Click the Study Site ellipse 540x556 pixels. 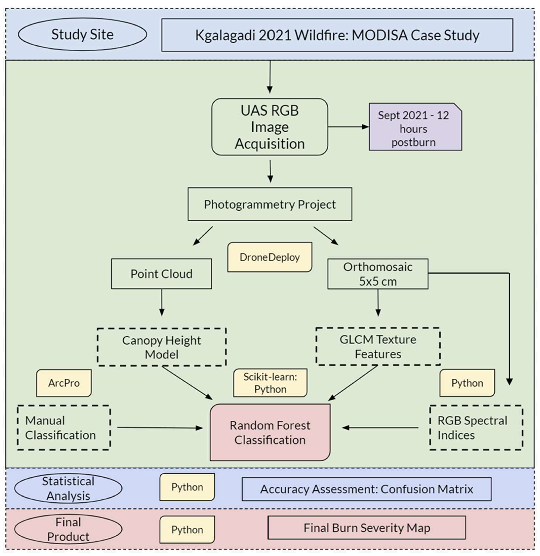82,34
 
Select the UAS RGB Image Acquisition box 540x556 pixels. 270,127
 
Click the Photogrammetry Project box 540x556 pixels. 270,204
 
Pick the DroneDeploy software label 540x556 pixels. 270,257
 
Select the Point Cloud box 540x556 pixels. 161,274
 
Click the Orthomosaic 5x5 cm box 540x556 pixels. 378,274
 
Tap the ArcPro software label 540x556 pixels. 64,383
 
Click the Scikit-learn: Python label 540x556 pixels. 270,383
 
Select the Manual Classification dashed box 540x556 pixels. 64,428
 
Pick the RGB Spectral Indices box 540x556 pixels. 476,428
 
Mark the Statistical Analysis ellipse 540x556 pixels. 68,488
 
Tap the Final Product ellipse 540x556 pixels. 68,529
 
